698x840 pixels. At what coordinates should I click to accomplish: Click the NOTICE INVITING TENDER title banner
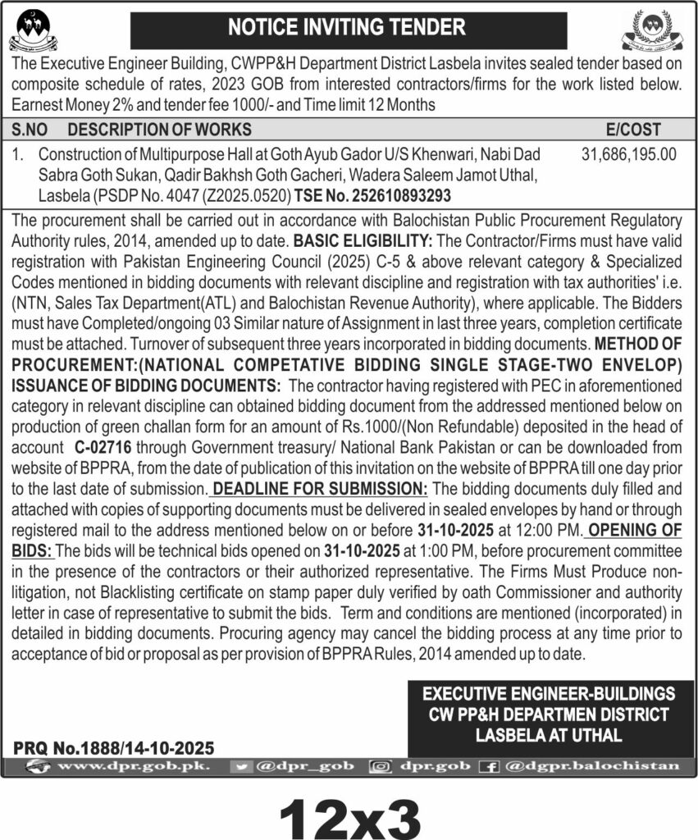tap(348, 27)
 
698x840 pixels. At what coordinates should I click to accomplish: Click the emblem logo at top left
tap(33, 30)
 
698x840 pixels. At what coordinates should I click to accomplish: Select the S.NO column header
tap(30, 129)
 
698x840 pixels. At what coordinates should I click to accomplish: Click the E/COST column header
tap(632, 129)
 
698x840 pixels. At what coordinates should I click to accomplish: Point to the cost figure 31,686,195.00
tap(629, 153)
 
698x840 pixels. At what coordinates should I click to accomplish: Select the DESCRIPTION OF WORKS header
tap(159, 129)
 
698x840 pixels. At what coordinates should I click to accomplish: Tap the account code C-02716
tap(102, 447)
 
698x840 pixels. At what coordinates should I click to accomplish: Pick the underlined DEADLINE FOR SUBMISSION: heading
tap(319, 489)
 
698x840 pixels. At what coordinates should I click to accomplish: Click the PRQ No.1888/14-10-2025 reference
tap(114, 747)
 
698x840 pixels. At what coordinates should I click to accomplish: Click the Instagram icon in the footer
tap(381, 765)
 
